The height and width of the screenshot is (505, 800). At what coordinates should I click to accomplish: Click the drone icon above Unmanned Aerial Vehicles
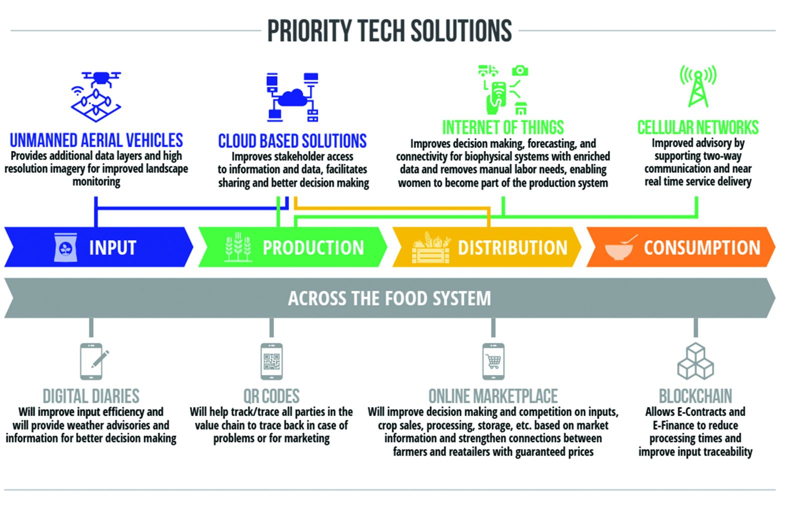[96, 96]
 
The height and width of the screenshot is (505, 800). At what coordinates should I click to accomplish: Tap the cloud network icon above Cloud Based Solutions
[292, 97]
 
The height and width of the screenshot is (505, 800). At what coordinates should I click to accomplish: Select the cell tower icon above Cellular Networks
[698, 86]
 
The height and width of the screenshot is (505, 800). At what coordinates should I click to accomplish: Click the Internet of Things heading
[503, 127]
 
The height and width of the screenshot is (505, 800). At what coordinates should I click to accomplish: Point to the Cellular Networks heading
[698, 127]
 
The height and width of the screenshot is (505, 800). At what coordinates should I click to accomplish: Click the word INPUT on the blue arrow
[112, 247]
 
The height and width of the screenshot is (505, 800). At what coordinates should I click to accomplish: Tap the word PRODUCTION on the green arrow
[313, 247]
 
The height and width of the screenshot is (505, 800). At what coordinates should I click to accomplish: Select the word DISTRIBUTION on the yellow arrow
[512, 247]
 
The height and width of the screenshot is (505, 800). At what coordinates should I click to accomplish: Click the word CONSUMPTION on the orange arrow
[702, 247]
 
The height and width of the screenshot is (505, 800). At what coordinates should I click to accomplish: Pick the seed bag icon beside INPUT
[65, 247]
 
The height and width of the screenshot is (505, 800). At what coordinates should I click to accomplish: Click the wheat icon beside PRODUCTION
[238, 247]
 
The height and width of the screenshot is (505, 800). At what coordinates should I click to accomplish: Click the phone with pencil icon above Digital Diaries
[93, 361]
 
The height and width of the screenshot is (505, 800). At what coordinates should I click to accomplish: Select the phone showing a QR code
[272, 361]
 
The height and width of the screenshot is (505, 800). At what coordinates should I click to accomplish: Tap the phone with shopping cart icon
[493, 361]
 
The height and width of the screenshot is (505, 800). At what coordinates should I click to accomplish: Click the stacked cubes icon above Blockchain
[695, 361]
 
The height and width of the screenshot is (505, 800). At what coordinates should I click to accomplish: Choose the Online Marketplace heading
[493, 396]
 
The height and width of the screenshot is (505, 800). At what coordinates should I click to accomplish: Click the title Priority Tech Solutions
[389, 30]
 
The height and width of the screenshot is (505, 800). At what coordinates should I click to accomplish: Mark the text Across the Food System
[389, 298]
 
